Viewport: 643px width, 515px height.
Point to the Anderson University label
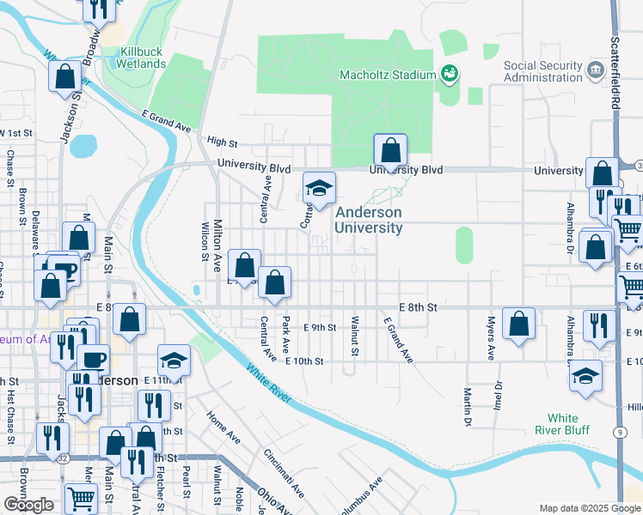369,220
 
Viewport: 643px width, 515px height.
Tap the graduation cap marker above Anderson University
319,190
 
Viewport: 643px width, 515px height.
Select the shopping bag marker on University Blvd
390,151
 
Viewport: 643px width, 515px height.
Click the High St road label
222,142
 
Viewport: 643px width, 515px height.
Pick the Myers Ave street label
491,340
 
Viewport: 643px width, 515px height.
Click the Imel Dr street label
498,391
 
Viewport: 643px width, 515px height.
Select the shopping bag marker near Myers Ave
519,324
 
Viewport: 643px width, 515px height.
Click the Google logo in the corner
28,505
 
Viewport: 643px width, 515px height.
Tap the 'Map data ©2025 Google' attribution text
589,508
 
